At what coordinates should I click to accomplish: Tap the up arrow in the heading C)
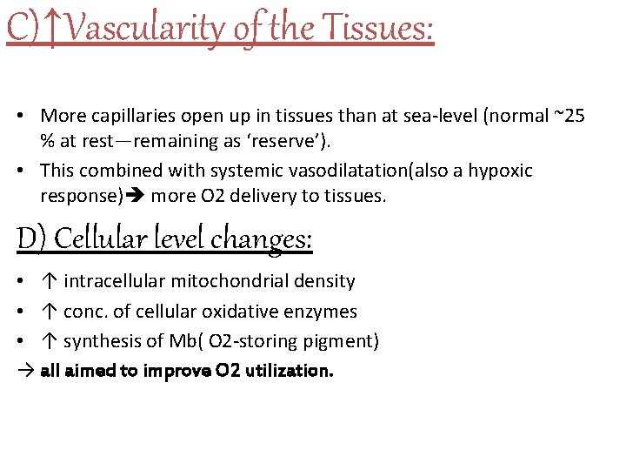(53, 29)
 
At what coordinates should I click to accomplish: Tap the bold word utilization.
(288, 370)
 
